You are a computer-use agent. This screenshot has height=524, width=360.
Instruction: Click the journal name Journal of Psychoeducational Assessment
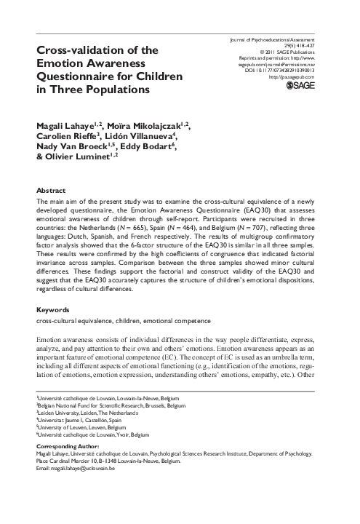point(281,40)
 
